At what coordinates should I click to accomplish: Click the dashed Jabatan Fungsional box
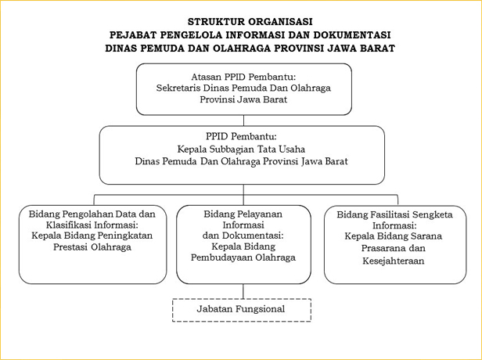pos(242,310)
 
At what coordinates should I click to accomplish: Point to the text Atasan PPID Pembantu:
pos(243,77)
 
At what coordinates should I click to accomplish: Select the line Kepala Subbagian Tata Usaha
pos(241,149)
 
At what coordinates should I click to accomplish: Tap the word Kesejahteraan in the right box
pos(393,261)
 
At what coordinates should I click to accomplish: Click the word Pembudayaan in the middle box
pos(221,257)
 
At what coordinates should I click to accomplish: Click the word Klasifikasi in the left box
pos(69,225)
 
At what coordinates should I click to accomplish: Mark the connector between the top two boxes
pos(243,121)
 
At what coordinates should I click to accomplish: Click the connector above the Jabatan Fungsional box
pos(243,291)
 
